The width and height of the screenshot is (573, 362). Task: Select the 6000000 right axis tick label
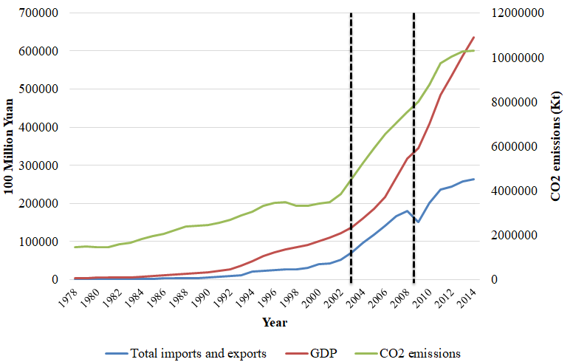[521, 146]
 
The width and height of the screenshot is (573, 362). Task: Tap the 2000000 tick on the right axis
[521, 235]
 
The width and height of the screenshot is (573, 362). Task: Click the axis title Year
[275, 322]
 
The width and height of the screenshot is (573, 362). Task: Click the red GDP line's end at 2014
[473, 37]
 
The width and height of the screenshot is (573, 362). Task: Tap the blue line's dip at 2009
[418, 222]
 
